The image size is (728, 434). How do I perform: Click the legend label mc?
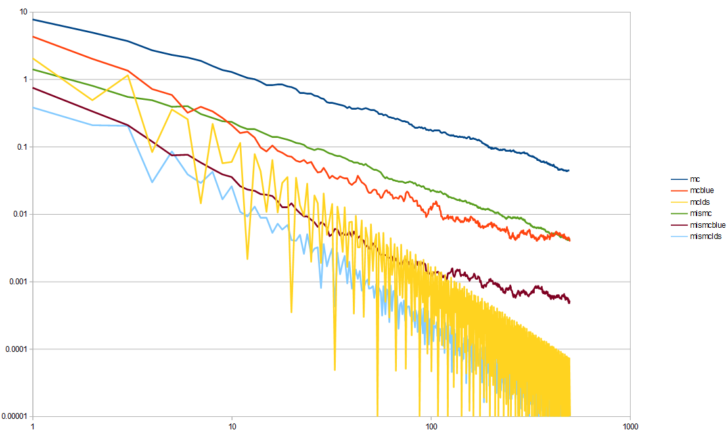tap(694, 179)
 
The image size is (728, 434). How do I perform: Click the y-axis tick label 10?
tap(23, 12)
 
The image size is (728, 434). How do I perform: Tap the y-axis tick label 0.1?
tap(22, 147)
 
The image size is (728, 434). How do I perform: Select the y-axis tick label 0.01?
tap(20, 214)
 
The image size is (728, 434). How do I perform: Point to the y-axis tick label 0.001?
tap(18, 282)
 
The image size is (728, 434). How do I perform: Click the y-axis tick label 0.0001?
tap(16, 349)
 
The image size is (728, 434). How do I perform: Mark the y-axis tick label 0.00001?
tap(14, 416)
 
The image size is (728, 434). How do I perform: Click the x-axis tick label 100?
tap(431, 426)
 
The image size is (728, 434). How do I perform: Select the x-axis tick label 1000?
tap(630, 426)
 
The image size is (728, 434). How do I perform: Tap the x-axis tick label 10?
tap(232, 426)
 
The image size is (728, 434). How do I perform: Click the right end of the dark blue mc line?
tap(569, 171)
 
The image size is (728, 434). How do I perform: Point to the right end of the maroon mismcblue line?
tap(570, 302)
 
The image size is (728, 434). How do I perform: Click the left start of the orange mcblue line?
tap(33, 37)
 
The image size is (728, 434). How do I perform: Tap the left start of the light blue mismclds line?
tap(33, 108)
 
